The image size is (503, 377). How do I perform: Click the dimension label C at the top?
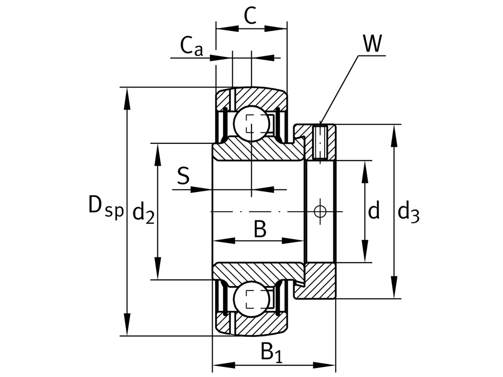(250, 17)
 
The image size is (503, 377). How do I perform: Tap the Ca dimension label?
(191, 47)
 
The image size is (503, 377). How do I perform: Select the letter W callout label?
(372, 44)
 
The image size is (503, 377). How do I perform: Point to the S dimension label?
(183, 176)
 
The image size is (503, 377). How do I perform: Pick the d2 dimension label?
(143, 212)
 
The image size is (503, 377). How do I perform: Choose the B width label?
(260, 229)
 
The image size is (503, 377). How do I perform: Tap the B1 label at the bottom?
(271, 352)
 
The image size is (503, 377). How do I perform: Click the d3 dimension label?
(408, 212)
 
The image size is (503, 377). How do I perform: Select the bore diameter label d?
(374, 211)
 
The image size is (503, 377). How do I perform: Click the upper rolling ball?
(251, 124)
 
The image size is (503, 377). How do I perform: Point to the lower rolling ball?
(251, 299)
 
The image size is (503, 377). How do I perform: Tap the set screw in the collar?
(320, 142)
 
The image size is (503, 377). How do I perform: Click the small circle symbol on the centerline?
(320, 212)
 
